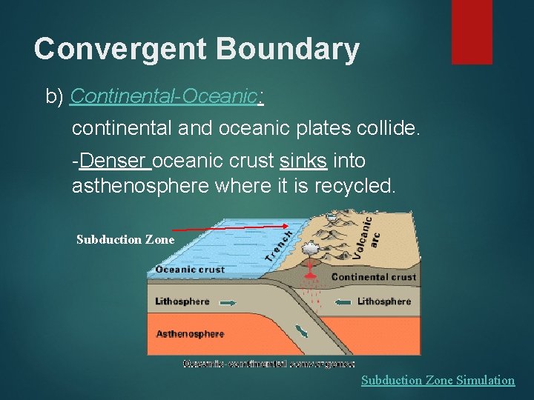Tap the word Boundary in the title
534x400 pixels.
tap(288, 50)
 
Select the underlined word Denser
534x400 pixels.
tap(115, 161)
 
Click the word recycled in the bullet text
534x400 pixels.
tap(355, 185)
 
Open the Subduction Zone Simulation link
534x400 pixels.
tap(438, 380)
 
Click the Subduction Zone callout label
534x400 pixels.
tap(125, 239)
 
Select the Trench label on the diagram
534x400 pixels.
tap(279, 242)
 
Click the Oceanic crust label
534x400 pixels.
tap(190, 270)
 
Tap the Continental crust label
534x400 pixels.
tap(374, 277)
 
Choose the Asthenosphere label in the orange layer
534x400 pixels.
tap(190, 334)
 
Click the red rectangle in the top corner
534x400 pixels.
tap(472, 31)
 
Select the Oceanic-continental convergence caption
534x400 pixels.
tap(269, 363)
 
